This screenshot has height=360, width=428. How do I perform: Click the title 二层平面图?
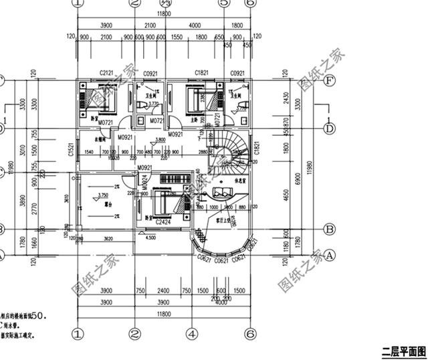click(x=403, y=351)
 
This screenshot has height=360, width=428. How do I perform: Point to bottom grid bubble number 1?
click(x=78, y=333)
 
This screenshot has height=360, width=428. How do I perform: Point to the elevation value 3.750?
click(x=103, y=194)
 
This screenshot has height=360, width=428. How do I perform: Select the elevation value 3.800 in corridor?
click(x=160, y=140)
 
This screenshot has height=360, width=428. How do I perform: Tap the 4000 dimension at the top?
click(x=195, y=25)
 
